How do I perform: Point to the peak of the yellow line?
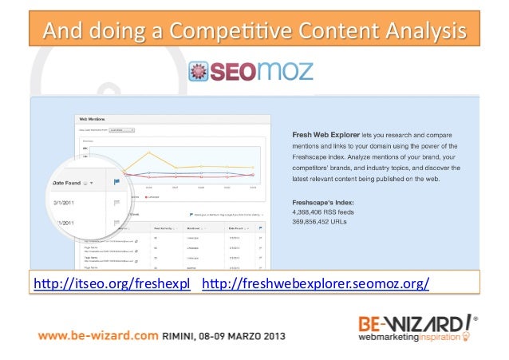pyautogui.click(x=148, y=152)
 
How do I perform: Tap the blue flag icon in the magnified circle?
pyautogui.click(x=117, y=184)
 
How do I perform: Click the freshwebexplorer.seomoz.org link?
pyautogui.click(x=317, y=284)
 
